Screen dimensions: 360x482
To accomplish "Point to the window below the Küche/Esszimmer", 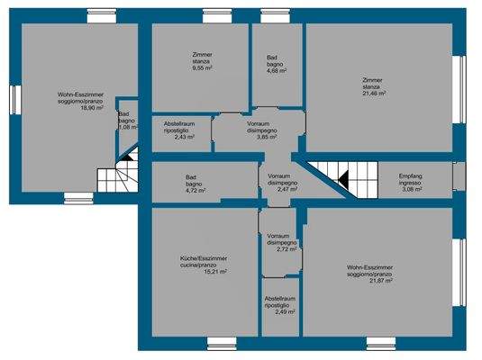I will (x=220, y=342).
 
